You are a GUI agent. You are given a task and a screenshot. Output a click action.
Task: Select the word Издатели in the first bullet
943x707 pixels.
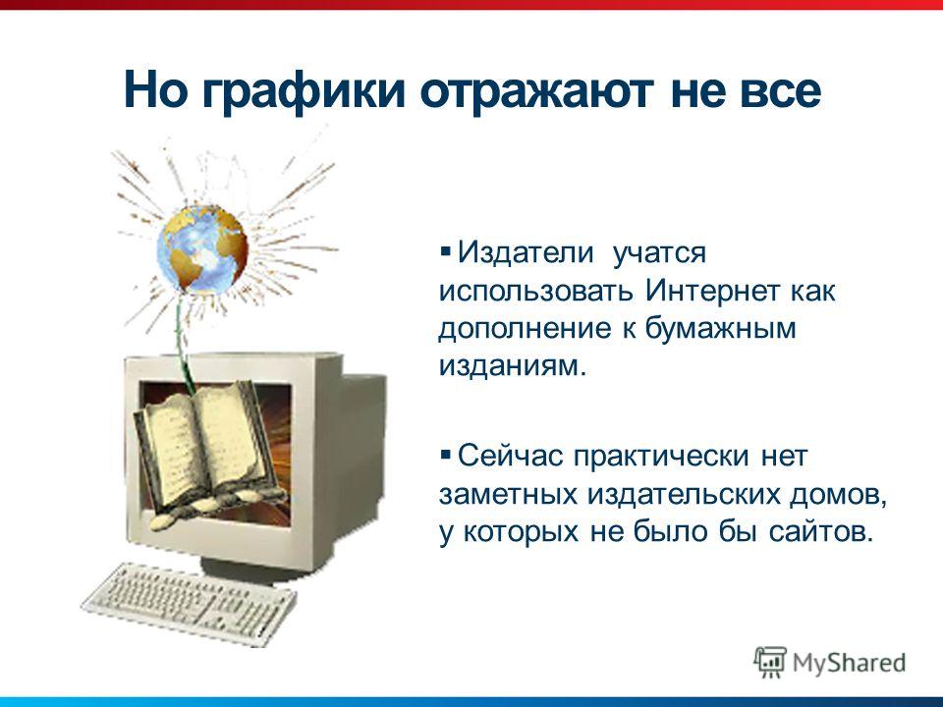pos(526,252)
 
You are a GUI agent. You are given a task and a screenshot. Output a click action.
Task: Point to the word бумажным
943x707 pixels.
pos(720,329)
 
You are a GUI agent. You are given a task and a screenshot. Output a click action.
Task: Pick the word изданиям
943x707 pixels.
pos(512,366)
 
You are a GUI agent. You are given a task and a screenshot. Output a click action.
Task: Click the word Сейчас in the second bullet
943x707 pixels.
pos(510,456)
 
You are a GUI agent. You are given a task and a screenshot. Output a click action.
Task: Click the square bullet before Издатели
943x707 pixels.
pos(445,248)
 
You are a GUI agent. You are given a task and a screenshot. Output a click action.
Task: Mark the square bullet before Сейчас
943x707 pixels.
pos(445,453)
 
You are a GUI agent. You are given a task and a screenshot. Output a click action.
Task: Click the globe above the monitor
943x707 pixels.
pos(202,248)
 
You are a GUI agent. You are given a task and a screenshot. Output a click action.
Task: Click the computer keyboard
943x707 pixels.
pos(189,603)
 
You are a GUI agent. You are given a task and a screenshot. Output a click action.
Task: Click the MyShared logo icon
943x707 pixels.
pos(770,663)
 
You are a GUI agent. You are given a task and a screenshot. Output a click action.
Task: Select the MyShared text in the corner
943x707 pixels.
pos(849,663)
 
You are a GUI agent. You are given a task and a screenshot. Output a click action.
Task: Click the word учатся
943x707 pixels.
pos(659,253)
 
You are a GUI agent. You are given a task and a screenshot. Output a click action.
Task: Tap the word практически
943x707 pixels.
pos(660,457)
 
